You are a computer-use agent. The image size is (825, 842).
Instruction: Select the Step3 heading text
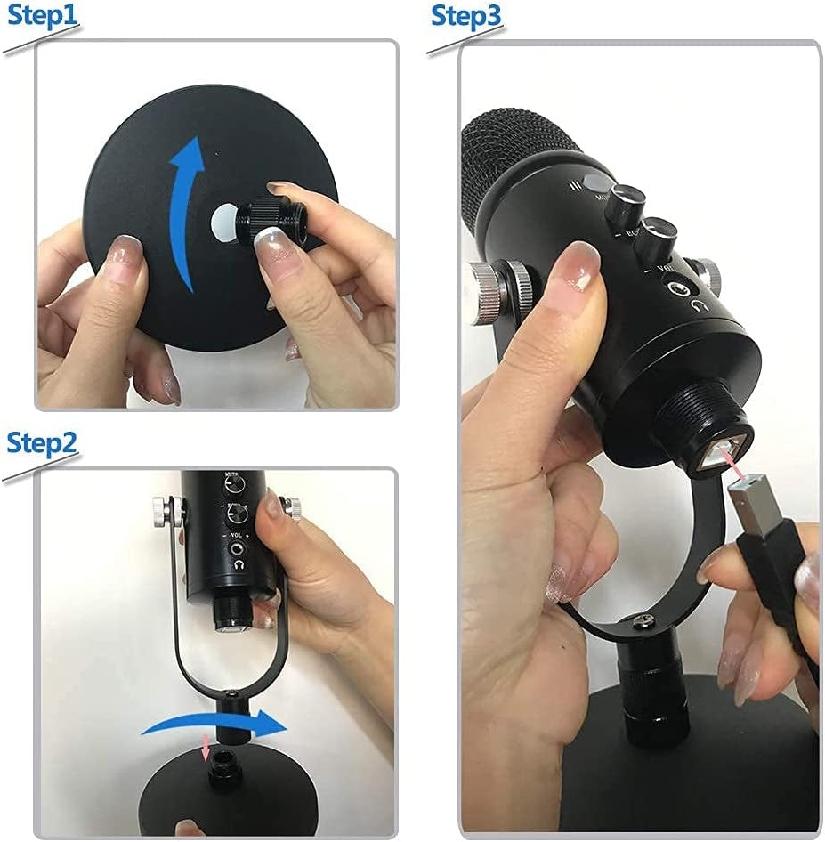466,17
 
